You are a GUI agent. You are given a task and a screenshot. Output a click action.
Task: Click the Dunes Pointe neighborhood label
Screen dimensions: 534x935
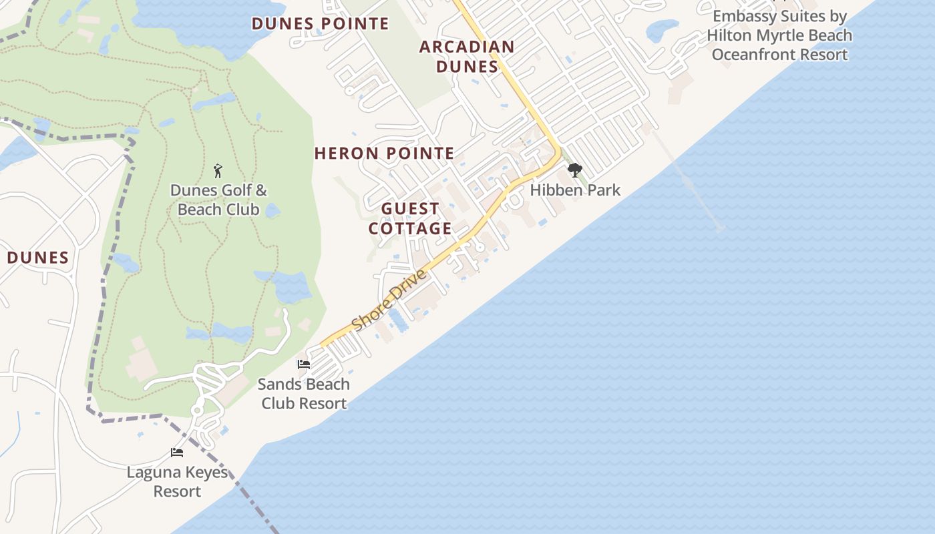tap(320, 24)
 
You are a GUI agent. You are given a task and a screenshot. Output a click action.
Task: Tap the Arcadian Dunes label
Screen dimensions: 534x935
tap(467, 57)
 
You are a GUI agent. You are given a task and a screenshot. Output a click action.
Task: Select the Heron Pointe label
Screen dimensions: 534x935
tap(384, 154)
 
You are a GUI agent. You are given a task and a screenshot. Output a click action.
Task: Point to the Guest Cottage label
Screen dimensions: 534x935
tap(410, 219)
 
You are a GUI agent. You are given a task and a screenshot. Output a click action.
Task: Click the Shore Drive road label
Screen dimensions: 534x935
tap(389, 300)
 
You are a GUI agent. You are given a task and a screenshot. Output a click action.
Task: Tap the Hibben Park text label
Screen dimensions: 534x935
tap(575, 190)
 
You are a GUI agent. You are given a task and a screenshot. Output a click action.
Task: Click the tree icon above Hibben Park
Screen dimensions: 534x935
tap(574, 171)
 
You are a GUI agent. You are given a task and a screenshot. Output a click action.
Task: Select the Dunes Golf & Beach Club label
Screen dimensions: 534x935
tap(218, 200)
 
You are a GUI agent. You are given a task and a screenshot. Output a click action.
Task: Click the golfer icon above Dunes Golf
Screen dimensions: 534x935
tap(217, 171)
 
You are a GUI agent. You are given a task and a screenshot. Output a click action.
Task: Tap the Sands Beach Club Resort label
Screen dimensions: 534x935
tap(304, 394)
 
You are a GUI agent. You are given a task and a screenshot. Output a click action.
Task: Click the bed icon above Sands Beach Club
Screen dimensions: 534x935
tap(304, 364)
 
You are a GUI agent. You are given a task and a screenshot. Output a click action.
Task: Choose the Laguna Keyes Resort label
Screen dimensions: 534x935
tap(177, 482)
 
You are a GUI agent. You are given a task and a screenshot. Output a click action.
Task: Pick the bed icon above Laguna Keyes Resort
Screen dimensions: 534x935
tap(177, 453)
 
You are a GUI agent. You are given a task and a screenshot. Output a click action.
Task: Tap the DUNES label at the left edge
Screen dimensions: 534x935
tap(38, 258)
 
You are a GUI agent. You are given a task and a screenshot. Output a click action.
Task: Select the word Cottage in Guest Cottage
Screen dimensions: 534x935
tap(410, 229)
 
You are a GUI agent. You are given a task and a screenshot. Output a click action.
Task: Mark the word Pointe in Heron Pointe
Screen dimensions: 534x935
tap(421, 154)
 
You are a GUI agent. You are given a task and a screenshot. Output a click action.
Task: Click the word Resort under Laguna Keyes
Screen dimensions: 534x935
tap(177, 492)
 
